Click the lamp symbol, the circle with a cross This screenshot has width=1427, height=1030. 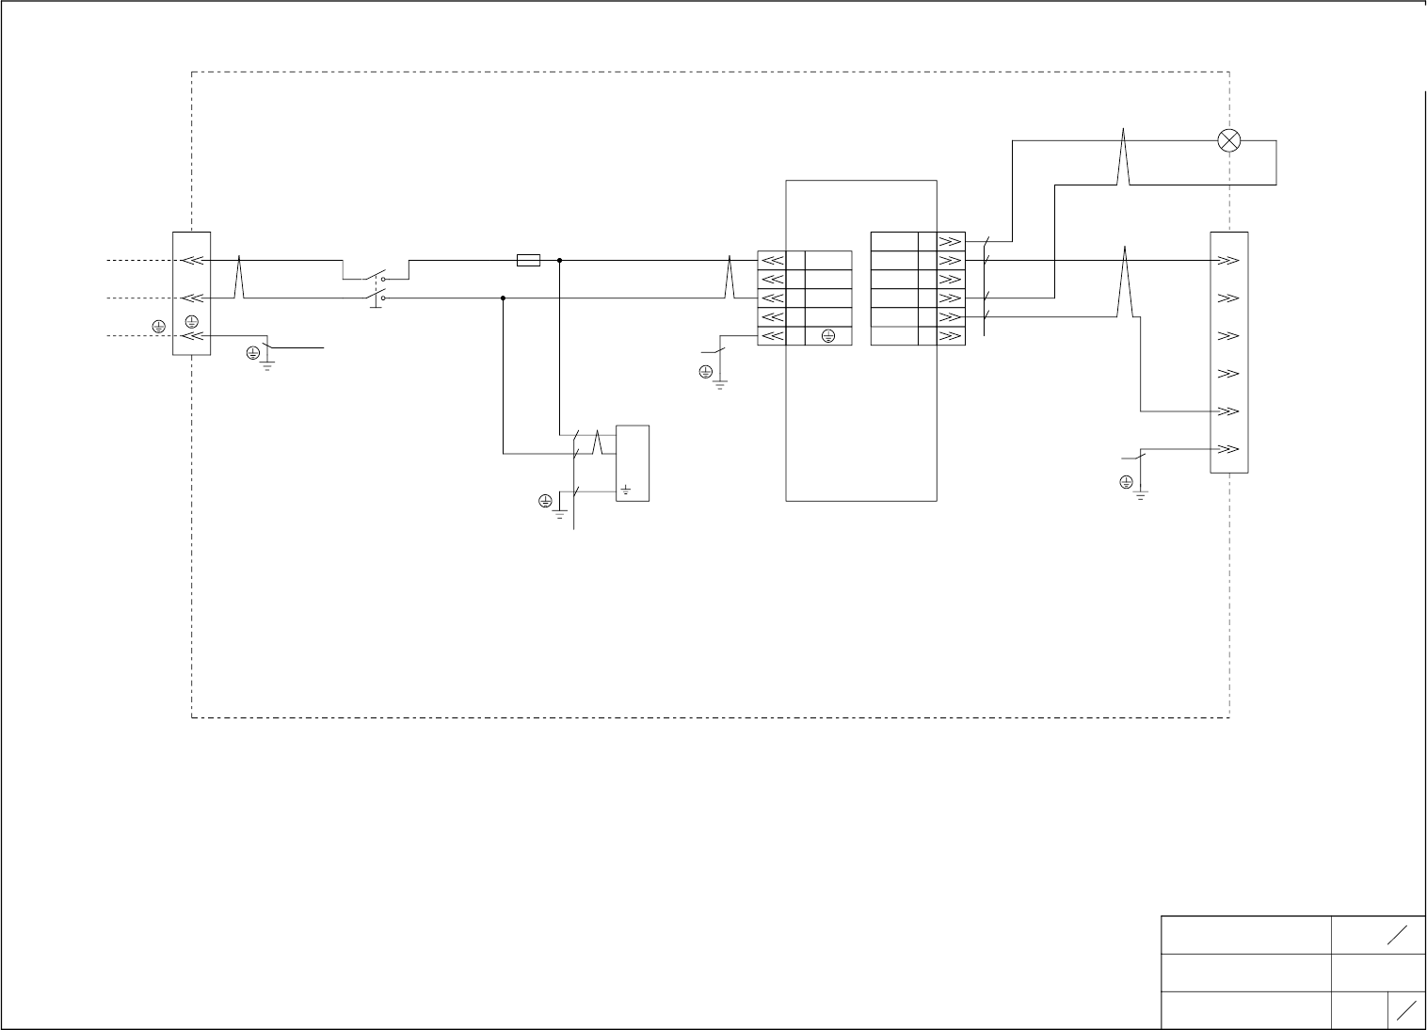coord(1228,141)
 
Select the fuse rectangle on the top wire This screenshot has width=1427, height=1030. coord(529,260)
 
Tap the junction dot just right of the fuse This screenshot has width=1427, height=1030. coord(559,260)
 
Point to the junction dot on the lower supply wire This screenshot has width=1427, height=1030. coord(503,298)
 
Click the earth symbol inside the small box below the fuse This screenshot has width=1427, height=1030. coord(626,490)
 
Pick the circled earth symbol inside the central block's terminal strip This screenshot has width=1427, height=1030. coord(828,336)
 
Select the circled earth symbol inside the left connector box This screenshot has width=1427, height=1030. coord(192,322)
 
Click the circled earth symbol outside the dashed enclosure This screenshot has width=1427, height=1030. coord(158,326)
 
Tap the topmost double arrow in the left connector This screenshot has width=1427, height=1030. coord(192,261)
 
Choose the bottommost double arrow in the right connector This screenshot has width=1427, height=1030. coord(1228,449)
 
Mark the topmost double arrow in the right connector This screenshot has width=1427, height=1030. coord(1228,261)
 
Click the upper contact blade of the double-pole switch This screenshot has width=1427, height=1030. coord(376,277)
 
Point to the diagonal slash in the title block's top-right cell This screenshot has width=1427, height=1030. coord(1397,935)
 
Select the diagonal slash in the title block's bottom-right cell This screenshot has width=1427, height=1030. coord(1407,1010)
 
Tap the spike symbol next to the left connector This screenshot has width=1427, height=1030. coord(240,277)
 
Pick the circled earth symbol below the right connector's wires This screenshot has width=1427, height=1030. coord(1126,482)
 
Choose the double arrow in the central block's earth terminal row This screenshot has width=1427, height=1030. coord(772,336)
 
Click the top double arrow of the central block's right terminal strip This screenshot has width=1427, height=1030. coord(950,242)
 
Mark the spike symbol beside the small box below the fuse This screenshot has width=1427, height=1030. coord(598,443)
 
